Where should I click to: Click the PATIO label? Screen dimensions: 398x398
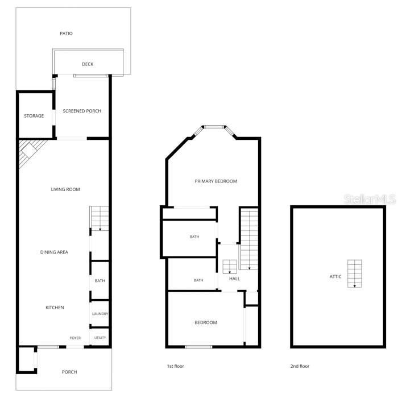point(67,33)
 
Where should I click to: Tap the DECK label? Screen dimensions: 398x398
point(88,64)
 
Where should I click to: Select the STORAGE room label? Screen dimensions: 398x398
point(34,116)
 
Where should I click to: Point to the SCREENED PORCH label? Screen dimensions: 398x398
point(82,111)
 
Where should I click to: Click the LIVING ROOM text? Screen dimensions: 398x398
point(65,189)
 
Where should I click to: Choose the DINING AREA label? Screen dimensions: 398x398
point(54,252)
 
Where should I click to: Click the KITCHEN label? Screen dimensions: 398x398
point(55,308)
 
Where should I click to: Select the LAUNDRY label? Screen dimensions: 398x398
point(100,314)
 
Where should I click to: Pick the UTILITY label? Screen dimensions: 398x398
point(100,338)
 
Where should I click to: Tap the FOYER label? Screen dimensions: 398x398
point(75,338)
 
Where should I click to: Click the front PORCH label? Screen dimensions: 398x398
point(69,372)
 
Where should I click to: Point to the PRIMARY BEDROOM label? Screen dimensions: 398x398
point(215,181)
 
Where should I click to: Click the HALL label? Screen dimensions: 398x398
point(234,279)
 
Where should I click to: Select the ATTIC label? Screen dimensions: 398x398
point(335,277)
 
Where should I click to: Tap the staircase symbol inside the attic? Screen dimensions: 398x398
point(355,273)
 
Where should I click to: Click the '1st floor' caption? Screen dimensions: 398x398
point(175,366)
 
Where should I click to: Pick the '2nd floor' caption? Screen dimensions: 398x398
point(300,366)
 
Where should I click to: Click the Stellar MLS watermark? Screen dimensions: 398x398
point(370,199)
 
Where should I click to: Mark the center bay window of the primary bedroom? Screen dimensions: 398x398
point(214,127)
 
